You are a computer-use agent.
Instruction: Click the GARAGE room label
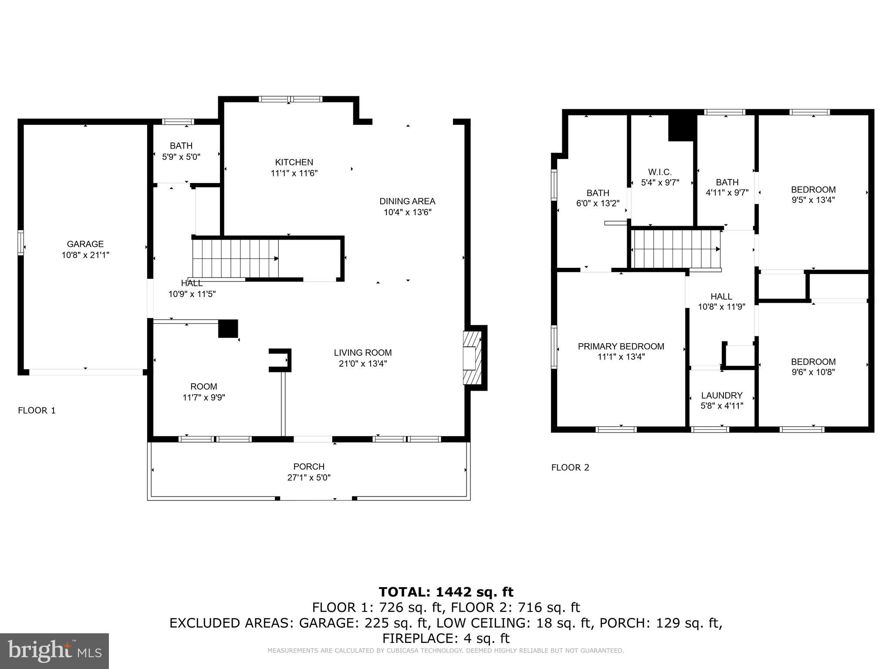[x=85, y=244]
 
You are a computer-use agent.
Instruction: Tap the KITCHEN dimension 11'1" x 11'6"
[x=294, y=173]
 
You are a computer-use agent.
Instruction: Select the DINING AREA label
[x=407, y=201]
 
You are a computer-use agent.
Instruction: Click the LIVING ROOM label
[x=362, y=353]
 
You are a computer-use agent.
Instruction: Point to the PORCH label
[x=308, y=466]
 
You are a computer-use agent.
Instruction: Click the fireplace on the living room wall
[x=472, y=358]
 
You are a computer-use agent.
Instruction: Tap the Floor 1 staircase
[x=235, y=258]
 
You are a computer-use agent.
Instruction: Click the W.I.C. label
[x=659, y=172]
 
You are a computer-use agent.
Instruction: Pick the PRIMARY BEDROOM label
[x=621, y=346]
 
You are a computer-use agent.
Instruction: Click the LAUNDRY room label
[x=721, y=395]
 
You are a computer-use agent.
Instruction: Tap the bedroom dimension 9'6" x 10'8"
[x=813, y=372]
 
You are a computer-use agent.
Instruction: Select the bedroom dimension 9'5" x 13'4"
[x=813, y=200]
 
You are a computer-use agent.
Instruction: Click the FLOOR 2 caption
[x=570, y=468]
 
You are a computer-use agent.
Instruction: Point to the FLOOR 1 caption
[x=37, y=410]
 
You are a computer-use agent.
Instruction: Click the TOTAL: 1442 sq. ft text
[x=446, y=592]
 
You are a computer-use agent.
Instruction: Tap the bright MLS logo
[x=54, y=651]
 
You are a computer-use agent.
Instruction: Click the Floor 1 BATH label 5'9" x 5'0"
[x=181, y=151]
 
